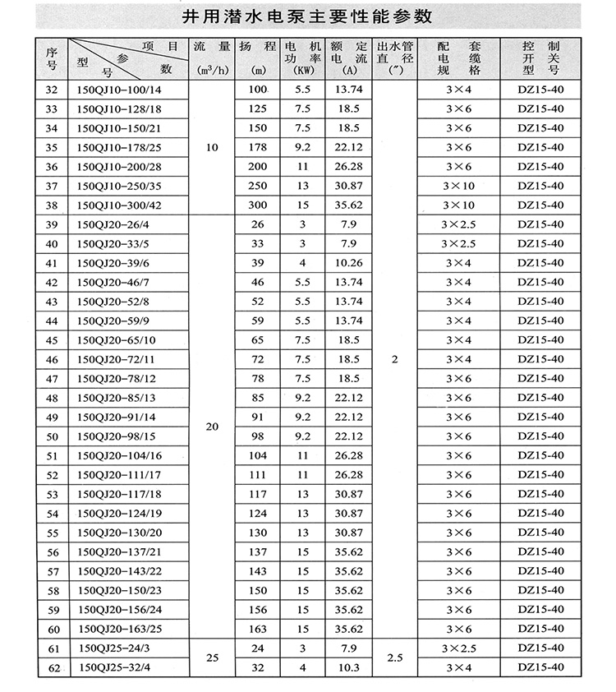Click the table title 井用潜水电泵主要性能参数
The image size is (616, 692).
point(308,16)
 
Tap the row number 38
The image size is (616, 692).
point(52,205)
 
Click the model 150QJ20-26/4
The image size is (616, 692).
point(114,224)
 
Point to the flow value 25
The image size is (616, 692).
point(212,658)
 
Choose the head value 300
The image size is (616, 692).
point(258,205)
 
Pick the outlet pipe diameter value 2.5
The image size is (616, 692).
point(394,658)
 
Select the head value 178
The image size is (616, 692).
point(258,147)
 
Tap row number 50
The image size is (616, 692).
point(52,436)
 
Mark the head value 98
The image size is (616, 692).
point(258,436)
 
